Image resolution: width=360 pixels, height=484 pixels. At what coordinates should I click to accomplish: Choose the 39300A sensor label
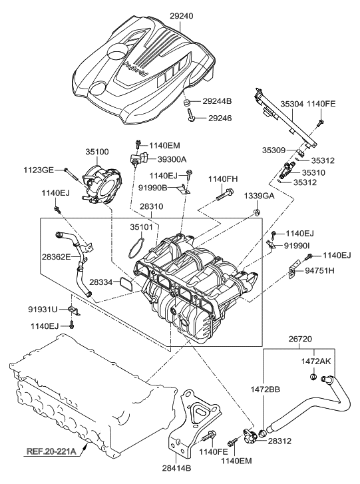[171, 158]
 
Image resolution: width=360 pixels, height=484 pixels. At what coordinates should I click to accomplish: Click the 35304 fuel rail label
[273, 105]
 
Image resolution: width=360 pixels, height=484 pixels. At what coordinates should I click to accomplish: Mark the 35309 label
[272, 151]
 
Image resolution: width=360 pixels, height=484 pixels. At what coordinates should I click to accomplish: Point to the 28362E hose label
[57, 257]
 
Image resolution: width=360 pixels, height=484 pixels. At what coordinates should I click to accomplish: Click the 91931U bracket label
[43, 309]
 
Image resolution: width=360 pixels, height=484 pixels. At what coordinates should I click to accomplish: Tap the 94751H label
[319, 272]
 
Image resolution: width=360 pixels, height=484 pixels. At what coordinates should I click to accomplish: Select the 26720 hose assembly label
[300, 339]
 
